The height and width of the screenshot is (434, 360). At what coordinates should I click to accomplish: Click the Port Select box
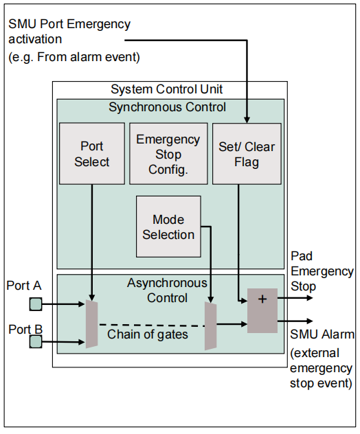coord(92,154)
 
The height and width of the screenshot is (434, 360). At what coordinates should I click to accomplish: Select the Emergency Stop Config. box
coord(168,154)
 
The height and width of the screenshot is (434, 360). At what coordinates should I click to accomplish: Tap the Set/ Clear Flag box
coord(247,154)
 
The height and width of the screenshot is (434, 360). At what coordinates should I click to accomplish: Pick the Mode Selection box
coord(168,227)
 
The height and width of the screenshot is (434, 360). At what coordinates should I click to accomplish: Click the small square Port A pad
coord(35,303)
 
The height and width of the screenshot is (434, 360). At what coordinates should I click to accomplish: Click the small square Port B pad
coord(35,341)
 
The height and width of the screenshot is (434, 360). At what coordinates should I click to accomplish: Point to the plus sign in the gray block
coord(262,299)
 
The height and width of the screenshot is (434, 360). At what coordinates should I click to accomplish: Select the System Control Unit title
coord(167,90)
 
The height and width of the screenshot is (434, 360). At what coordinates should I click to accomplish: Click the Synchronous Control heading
coord(168,107)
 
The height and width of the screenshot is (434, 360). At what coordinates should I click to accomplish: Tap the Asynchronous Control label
coord(167,290)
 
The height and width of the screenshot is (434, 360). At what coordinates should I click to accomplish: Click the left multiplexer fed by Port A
coord(91,323)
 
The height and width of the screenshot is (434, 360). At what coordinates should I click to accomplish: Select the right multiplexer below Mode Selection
coord(211,326)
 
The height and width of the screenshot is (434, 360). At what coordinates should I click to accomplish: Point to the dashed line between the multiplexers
coord(151,324)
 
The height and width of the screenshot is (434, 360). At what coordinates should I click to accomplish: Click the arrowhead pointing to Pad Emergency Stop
coord(309,298)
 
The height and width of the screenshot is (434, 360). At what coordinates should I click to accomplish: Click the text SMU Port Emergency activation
coord(69,32)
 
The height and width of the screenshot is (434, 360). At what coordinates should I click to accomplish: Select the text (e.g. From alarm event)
coord(74,57)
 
